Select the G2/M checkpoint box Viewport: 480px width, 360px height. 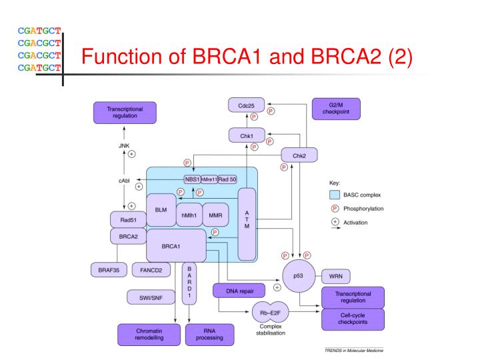tap(336, 109)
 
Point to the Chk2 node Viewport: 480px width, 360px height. tap(299, 155)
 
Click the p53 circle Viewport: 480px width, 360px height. tap(297, 275)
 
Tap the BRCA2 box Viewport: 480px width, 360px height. tap(128, 235)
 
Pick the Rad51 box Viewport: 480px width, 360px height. tap(128, 219)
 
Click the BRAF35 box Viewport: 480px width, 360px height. tap(108, 270)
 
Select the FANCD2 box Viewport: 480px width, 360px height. tap(151, 270)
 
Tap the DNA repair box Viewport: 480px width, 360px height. tap(238, 290)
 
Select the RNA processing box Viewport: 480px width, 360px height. tap(209, 333)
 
